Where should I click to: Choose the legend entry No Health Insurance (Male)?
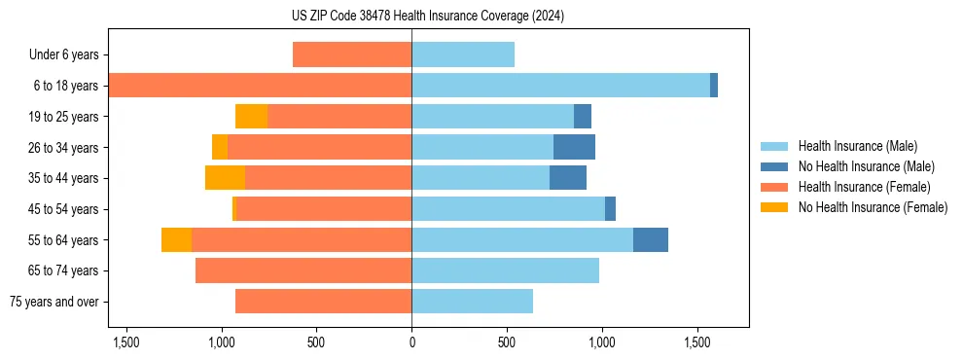859,166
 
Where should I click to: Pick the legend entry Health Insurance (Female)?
858,187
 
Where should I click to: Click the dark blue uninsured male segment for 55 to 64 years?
651,239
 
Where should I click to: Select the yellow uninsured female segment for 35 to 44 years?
225,178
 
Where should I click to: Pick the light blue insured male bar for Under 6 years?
463,55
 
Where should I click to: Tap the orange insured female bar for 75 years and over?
323,302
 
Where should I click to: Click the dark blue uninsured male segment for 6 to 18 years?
714,86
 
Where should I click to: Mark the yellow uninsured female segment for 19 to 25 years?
251,117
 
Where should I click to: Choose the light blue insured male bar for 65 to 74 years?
505,270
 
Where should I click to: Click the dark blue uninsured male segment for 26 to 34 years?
574,147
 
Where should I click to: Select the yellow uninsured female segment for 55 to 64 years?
176,239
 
